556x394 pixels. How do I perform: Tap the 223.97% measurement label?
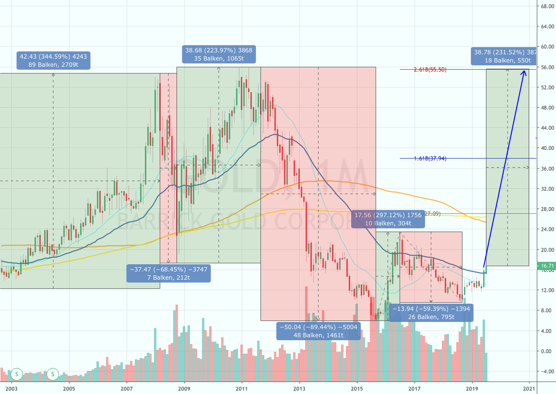click(x=219, y=54)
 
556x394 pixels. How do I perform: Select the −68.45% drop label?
click(x=168, y=273)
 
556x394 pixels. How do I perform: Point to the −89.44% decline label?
click(x=319, y=331)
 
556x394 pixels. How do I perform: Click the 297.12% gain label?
click(x=388, y=219)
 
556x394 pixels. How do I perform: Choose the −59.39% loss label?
click(x=431, y=312)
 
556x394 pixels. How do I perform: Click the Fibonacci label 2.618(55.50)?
click(x=430, y=69)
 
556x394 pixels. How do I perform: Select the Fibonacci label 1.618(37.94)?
click(x=430, y=158)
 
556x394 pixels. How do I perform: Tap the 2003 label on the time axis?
click(x=11, y=388)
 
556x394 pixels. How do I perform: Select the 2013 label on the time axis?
click(x=299, y=388)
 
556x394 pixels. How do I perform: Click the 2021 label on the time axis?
click(x=530, y=388)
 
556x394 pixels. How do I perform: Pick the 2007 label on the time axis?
click(x=126, y=388)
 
